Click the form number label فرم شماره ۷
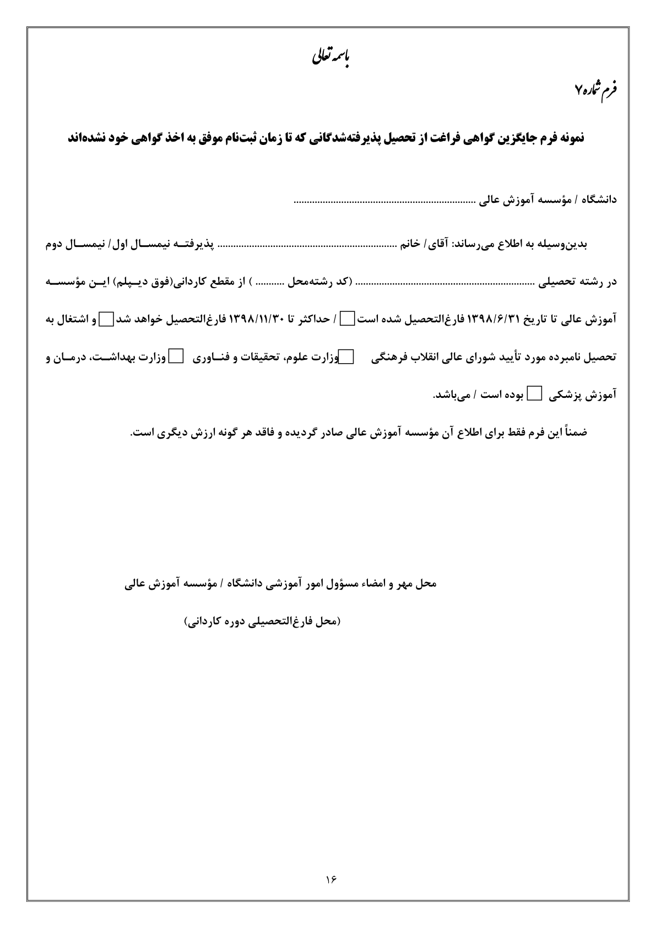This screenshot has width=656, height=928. click(598, 89)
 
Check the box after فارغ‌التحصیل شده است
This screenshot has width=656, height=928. click(347, 319)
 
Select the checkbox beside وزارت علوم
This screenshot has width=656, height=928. click(346, 357)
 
